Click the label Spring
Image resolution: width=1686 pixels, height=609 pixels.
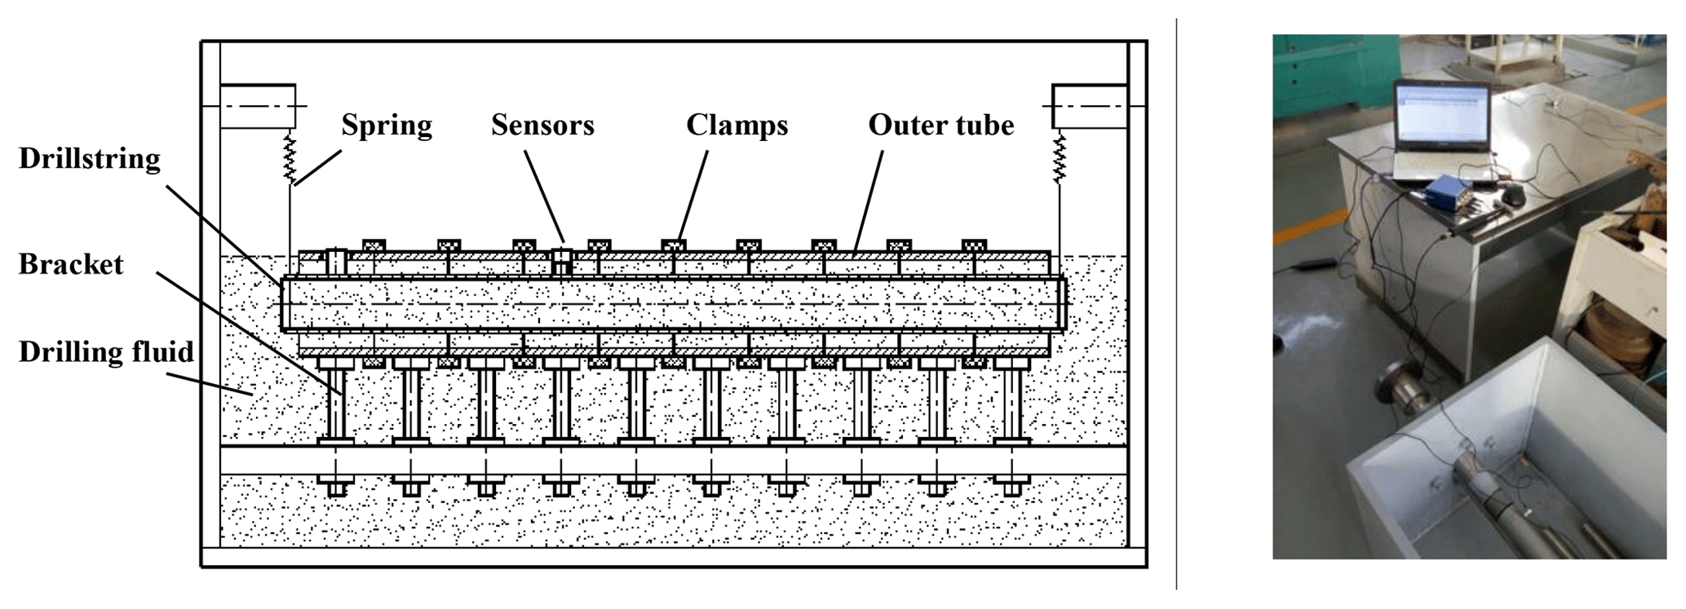386,126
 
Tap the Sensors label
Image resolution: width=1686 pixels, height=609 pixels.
542,126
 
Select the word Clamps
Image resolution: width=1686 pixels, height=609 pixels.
737,126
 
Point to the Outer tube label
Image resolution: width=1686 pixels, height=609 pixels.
940,126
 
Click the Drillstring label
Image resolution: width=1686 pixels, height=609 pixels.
90,159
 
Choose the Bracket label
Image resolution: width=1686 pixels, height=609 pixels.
71,265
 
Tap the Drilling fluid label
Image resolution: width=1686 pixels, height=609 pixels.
106,352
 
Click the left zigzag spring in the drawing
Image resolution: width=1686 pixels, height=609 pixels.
290,158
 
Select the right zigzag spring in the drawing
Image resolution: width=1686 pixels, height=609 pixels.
1059,158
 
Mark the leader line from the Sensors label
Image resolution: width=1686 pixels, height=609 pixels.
544,196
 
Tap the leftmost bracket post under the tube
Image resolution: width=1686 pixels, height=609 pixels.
336,404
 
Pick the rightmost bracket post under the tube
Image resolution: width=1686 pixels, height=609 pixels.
1011,404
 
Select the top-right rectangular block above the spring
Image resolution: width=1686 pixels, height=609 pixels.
1090,106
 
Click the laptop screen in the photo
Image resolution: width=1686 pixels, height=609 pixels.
1441,119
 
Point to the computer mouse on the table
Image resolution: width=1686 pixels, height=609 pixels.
1513,196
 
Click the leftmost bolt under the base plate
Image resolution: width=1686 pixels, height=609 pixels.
336,488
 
